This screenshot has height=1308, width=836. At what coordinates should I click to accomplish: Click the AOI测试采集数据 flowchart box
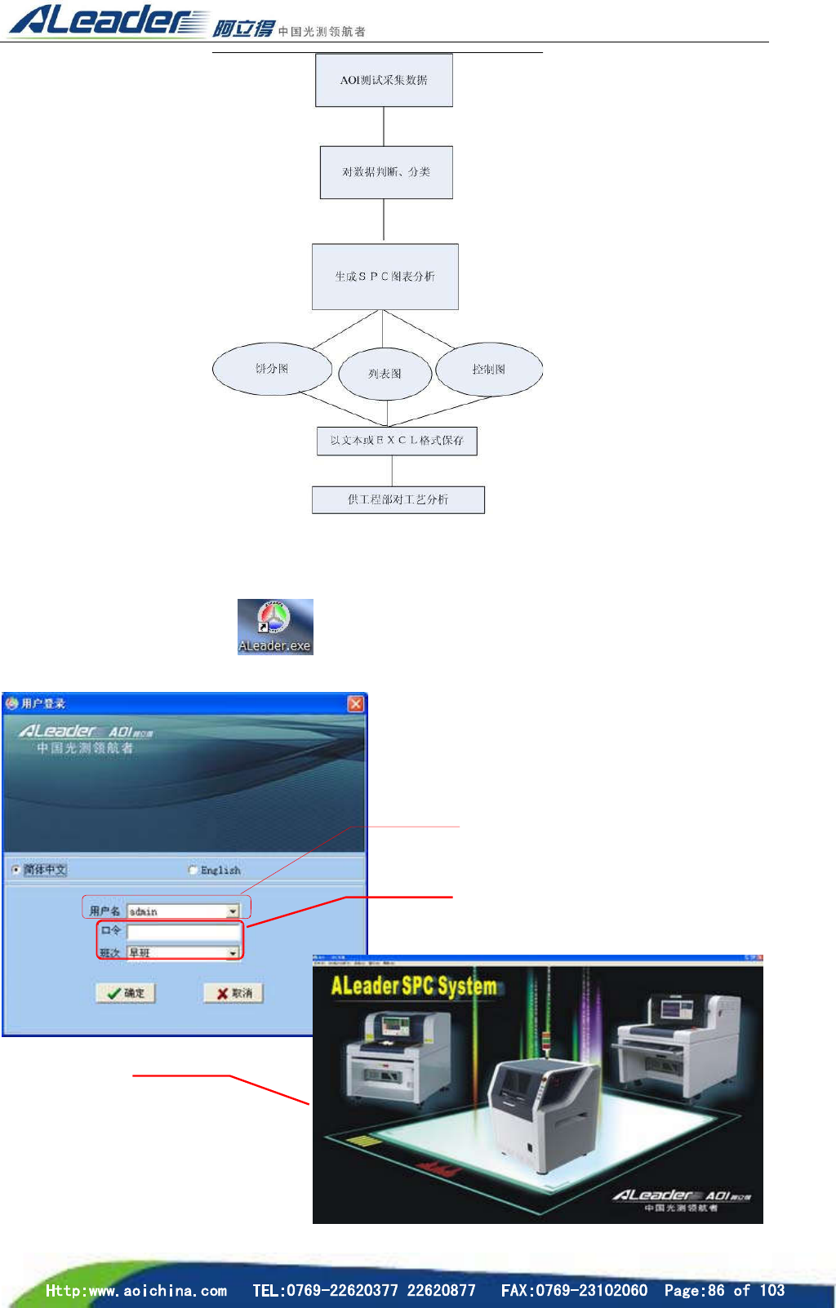[384, 80]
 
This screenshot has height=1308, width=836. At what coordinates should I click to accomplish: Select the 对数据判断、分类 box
[385, 172]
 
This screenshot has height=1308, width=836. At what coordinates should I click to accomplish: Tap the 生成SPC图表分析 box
[385, 277]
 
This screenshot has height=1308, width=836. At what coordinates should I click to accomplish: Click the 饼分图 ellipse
[272, 369]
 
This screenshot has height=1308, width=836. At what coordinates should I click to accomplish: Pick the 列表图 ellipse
[385, 374]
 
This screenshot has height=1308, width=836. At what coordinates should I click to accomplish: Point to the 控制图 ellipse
[489, 369]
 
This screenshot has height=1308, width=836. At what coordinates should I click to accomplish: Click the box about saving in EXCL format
[397, 441]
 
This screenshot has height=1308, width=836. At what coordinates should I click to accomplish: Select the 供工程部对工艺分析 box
[398, 499]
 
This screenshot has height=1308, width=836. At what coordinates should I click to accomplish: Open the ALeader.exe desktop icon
[275, 627]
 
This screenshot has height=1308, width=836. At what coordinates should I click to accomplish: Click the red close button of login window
[356, 703]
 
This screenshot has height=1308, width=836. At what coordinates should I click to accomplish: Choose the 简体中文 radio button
[16, 870]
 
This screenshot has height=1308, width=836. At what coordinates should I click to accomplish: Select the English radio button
[193, 870]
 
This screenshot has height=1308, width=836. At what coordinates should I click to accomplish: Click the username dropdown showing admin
[183, 911]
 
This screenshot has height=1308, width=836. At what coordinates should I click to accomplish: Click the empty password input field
[184, 931]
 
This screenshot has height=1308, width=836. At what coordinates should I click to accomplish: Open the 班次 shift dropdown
[183, 952]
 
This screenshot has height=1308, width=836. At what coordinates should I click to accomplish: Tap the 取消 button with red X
[233, 993]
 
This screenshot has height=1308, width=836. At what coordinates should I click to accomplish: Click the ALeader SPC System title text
[414, 986]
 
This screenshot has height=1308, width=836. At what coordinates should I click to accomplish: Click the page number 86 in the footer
[716, 1290]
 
